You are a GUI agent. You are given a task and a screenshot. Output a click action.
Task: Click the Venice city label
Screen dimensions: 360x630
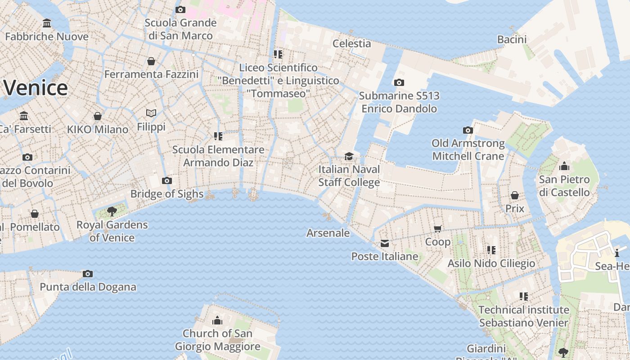click(x=35, y=88)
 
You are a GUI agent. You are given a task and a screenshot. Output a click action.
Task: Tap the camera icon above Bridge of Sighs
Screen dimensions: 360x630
click(x=167, y=181)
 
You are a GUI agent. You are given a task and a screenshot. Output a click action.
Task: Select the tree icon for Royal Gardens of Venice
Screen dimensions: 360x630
click(x=112, y=211)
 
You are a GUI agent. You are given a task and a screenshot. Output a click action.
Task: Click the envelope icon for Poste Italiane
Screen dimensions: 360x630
click(x=385, y=243)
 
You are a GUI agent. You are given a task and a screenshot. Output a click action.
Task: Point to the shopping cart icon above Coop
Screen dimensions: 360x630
click(x=438, y=229)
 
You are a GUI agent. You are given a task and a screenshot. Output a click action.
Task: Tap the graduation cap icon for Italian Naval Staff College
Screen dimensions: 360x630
click(x=349, y=156)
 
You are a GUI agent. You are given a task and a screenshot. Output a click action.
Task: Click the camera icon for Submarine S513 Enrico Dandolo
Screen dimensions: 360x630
click(x=399, y=82)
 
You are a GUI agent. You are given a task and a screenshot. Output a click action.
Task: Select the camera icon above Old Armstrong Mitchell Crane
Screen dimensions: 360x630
click(x=468, y=130)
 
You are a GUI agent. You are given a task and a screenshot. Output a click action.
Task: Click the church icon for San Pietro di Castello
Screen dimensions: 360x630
click(x=564, y=166)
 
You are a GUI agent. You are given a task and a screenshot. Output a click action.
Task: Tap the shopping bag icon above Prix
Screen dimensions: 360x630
click(x=515, y=195)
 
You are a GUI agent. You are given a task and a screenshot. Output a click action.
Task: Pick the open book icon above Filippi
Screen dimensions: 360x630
click(x=151, y=113)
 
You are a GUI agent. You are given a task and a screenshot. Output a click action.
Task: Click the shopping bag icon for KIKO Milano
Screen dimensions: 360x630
click(x=98, y=116)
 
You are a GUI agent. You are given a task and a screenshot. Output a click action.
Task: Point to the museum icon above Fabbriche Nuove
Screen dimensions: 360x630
click(x=47, y=23)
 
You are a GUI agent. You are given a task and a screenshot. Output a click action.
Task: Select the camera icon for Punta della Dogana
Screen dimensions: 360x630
click(x=88, y=274)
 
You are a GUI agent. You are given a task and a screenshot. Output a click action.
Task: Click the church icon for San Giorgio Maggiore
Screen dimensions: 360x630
click(x=217, y=320)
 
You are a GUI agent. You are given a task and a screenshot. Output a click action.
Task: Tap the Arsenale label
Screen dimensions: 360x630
click(x=328, y=233)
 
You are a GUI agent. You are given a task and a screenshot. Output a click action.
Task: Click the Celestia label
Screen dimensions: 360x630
click(x=351, y=44)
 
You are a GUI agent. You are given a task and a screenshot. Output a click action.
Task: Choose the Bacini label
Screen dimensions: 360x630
click(x=512, y=40)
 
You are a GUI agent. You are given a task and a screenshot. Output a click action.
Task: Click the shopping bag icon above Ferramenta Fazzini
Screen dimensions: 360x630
click(x=151, y=61)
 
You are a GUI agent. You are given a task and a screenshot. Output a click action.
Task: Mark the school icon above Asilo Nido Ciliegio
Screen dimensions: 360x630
click(x=491, y=250)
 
